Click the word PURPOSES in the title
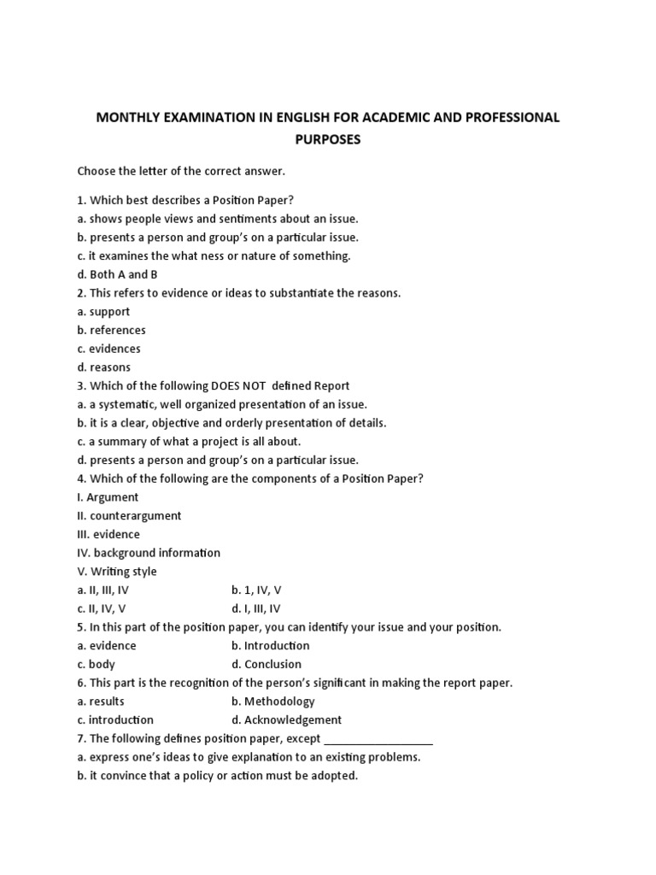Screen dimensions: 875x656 coord(327,139)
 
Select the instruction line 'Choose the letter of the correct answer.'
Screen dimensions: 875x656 coord(181,171)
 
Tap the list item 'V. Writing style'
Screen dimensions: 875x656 coord(117,572)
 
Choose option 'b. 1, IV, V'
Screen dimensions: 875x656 coord(256,590)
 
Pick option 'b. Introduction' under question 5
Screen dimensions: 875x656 coord(270,646)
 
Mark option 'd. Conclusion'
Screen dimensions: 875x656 coord(266,664)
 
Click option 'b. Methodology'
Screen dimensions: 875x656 coord(272,702)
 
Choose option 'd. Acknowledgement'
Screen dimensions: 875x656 coord(286,720)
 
